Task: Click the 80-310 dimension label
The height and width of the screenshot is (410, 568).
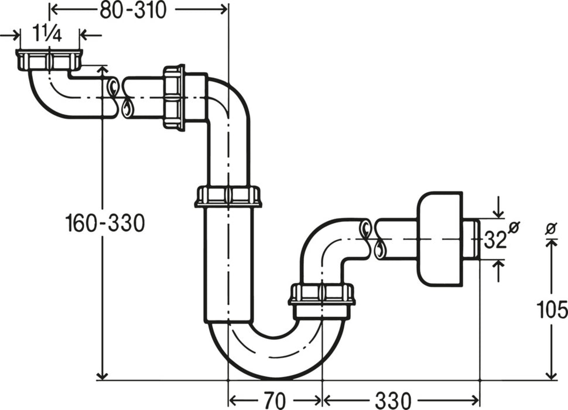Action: coord(133,10)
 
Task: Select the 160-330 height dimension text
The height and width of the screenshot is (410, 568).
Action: coord(105,223)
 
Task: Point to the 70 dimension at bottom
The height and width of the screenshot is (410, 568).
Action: coord(275,400)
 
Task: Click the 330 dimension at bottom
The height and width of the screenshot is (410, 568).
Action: coord(394,400)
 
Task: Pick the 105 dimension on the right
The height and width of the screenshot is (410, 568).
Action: coord(552,309)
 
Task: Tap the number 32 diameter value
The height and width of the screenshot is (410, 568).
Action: coord(494,240)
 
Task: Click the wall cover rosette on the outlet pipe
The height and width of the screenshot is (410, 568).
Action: coord(439,238)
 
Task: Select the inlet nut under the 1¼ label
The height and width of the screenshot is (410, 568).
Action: coord(49,60)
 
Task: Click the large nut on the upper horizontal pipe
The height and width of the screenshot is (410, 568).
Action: coord(174,97)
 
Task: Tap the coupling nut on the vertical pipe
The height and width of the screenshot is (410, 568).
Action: coord(228,196)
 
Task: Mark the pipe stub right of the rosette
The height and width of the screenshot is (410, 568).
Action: coord(471,239)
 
